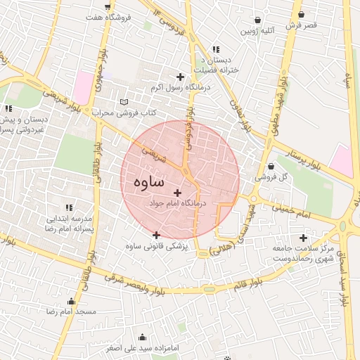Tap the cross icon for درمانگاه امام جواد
[177, 193]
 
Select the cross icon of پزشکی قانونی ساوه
[156, 235]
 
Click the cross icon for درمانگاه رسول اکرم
[180, 77]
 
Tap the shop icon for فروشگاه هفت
[107, 6]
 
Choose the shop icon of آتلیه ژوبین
[259, 20]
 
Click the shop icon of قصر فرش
[301, 14]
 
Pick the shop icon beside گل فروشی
[271, 167]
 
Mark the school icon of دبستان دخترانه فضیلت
[215, 49]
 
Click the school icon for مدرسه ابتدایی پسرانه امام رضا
[69, 207]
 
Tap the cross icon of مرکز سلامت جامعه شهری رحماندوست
[303, 238]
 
